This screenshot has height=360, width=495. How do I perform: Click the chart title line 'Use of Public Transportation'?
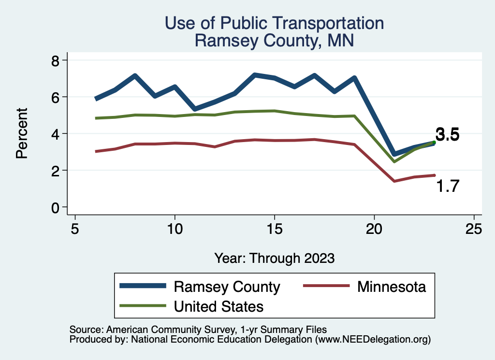[x=274, y=23]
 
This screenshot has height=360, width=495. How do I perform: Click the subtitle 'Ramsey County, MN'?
[x=274, y=41]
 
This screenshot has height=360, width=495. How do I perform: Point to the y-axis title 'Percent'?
[x=21, y=133]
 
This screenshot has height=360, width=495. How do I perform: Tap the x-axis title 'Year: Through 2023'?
[x=274, y=258]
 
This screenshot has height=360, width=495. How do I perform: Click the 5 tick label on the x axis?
[x=75, y=229]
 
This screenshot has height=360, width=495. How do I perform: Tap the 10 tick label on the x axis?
[x=175, y=229]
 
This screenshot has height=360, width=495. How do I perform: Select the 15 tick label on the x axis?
[x=274, y=229]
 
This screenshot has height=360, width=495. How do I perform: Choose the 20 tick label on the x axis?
[x=374, y=229]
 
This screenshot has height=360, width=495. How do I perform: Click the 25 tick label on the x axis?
[x=474, y=229]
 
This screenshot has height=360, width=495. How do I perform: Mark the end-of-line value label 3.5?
[x=447, y=135]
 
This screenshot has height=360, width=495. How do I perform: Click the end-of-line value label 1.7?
[x=447, y=186]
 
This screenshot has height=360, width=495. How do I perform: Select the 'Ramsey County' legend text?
[x=227, y=287]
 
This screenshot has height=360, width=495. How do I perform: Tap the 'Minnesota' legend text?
[x=392, y=287]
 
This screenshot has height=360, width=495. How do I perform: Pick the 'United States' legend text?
[x=218, y=306]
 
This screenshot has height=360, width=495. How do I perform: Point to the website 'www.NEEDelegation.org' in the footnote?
[x=373, y=340]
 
